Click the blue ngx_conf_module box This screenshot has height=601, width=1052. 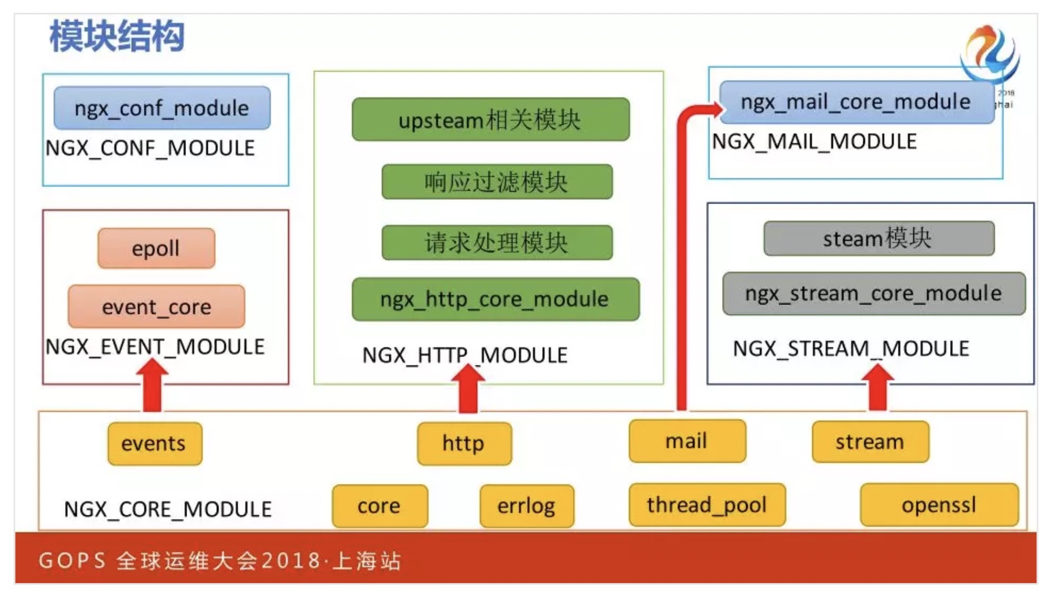pos(162,107)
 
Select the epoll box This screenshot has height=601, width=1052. pos(156,248)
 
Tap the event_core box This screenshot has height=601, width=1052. pos(156,307)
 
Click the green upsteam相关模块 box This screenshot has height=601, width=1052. pos(490,119)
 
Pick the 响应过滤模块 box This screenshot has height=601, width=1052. pos(497,182)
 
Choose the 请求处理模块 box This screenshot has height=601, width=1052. pos(497,242)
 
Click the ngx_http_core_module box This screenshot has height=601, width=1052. pos(495,299)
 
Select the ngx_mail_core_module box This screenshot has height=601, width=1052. pos(855,102)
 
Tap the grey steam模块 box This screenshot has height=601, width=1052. pos(878,238)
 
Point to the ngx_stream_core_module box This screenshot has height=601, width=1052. pos(873,293)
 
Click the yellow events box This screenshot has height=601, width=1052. pos(155,443)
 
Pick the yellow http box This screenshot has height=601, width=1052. pos(464,443)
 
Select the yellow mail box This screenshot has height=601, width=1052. pos(687,441)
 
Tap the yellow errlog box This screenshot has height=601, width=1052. pos(527,506)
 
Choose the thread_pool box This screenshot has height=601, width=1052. pos(707,505)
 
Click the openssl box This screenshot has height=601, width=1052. pos(939,505)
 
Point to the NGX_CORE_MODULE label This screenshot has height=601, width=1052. pos(167,509)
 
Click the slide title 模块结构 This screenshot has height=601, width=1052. pos(117,36)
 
